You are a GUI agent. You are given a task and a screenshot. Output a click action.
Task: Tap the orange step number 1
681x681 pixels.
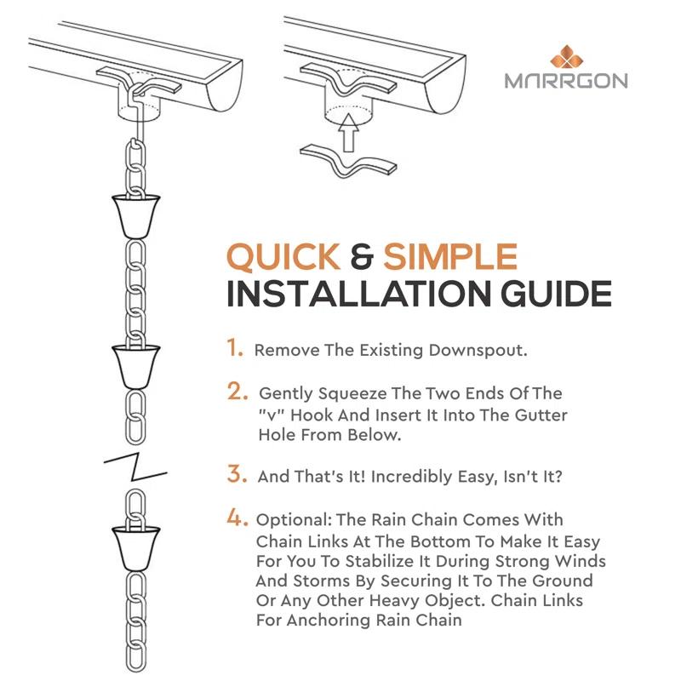click(x=235, y=348)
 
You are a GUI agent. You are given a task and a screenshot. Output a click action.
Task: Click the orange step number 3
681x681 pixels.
click(x=237, y=474)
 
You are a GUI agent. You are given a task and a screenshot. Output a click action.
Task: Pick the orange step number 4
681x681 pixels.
click(x=237, y=518)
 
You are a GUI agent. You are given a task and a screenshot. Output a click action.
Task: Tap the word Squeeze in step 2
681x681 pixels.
click(x=340, y=394)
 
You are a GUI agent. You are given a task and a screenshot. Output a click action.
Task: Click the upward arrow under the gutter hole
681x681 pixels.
click(x=347, y=132)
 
